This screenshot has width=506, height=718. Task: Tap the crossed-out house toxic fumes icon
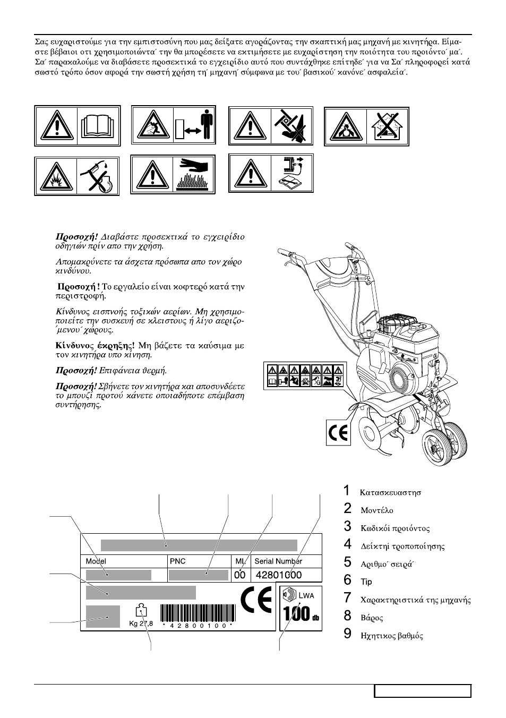[x=388, y=126]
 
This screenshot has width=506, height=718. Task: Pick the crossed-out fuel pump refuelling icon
[x=98, y=176]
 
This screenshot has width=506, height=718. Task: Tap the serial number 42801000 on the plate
[x=278, y=575]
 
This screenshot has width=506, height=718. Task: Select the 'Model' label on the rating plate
[x=96, y=561]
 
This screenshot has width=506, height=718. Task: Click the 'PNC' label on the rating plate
[x=177, y=561]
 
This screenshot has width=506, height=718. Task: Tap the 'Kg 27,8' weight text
[x=141, y=623]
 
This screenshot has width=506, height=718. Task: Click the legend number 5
[x=347, y=562]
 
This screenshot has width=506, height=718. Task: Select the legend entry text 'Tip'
[x=366, y=582]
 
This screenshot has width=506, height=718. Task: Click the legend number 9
[x=347, y=634]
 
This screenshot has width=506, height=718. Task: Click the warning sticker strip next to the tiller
[x=305, y=375]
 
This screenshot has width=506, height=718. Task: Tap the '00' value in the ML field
[x=240, y=575]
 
